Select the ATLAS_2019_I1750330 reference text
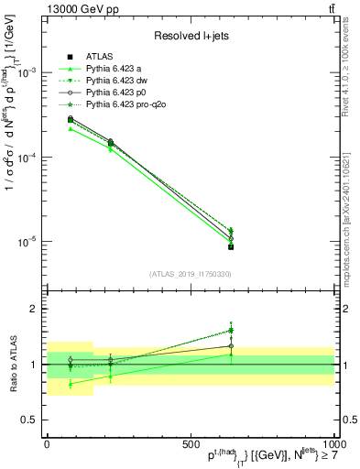pos(191,274)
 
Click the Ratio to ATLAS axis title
pos(19,364)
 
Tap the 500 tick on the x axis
pos(191,442)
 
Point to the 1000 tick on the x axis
pos(331,442)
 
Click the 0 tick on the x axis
pos(47,442)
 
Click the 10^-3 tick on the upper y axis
pos(25,72)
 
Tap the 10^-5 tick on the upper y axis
pos(25,242)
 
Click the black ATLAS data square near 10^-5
pos(231,247)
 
